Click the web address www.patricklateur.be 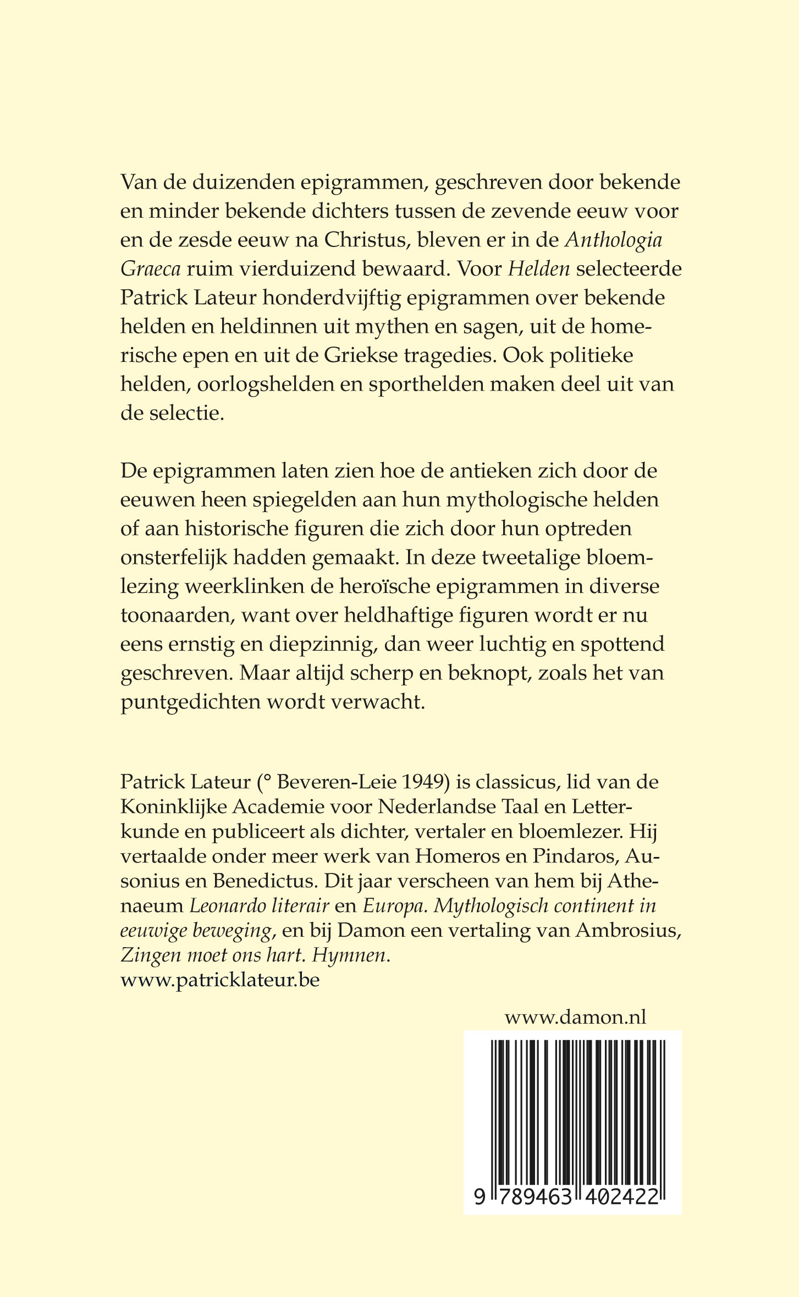pos(220,981)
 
